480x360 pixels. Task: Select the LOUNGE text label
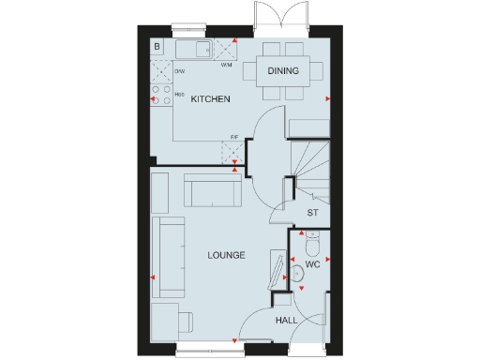click(x=226, y=253)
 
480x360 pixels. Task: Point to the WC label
click(x=314, y=265)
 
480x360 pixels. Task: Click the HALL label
click(x=286, y=321)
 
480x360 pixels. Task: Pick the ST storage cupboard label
click(x=313, y=213)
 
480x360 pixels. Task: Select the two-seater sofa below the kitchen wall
click(x=212, y=191)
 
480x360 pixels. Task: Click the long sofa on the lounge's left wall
click(x=171, y=253)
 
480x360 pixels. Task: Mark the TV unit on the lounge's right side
click(x=277, y=270)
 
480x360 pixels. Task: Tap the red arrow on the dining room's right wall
click(x=328, y=98)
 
